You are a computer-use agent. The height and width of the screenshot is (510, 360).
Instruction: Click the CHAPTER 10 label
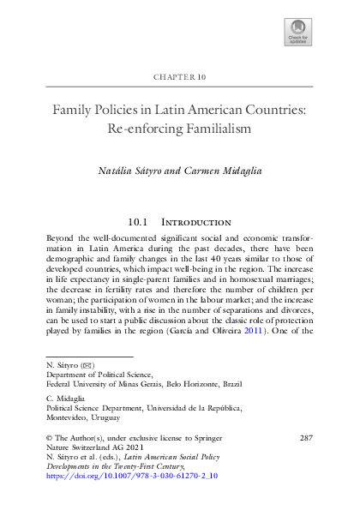pos(179,77)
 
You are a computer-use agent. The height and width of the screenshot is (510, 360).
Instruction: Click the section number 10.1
pos(140,222)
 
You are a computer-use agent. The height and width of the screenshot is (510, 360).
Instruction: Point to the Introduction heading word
pos(198,222)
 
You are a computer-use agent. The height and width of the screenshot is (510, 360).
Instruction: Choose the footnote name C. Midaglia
pos(62,398)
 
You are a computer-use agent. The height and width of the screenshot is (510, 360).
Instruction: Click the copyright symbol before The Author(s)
pos(46,438)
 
